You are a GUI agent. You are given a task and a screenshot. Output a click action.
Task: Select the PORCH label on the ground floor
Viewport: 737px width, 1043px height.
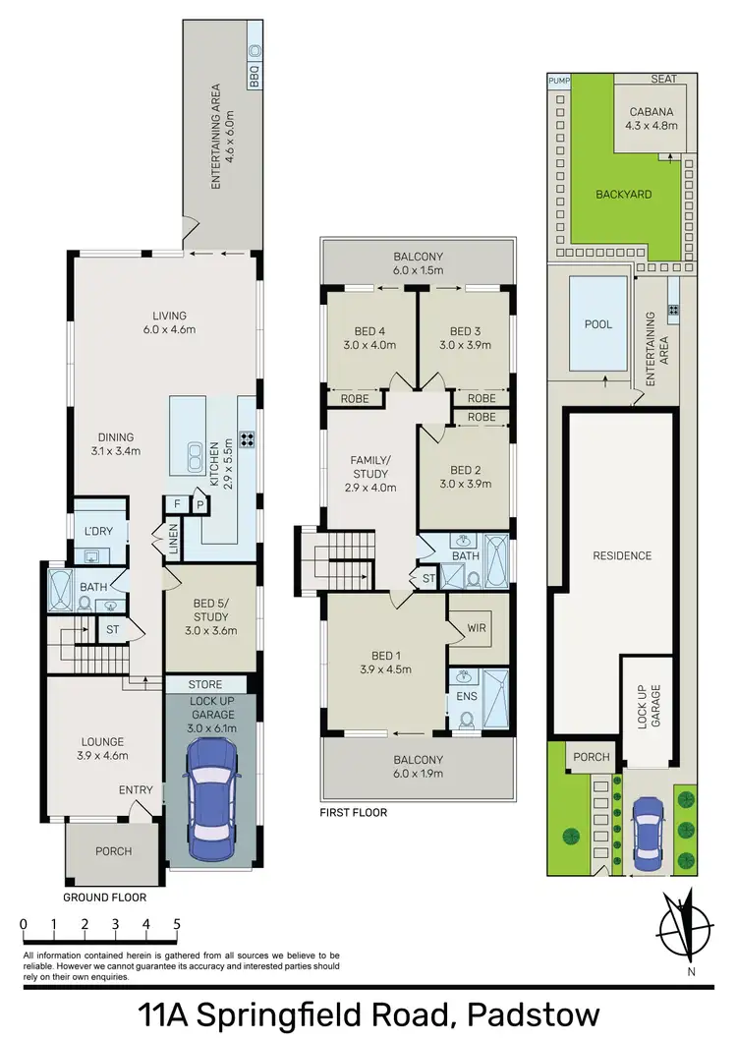tap(113, 851)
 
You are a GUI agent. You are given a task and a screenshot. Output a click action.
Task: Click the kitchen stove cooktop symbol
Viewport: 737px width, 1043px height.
tap(247, 440)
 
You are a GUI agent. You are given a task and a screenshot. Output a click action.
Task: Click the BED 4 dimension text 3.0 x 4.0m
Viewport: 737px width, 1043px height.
tap(370, 345)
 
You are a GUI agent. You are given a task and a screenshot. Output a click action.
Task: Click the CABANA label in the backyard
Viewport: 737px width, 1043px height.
tap(646, 111)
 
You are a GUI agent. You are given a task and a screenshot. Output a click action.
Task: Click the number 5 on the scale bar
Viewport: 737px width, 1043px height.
tap(177, 924)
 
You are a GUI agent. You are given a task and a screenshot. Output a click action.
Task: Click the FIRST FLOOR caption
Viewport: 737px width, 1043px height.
tap(352, 813)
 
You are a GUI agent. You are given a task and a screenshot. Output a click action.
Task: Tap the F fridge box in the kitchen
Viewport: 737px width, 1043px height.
tap(177, 504)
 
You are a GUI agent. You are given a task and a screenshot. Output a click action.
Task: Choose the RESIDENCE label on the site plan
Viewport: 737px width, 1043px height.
tap(622, 555)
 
